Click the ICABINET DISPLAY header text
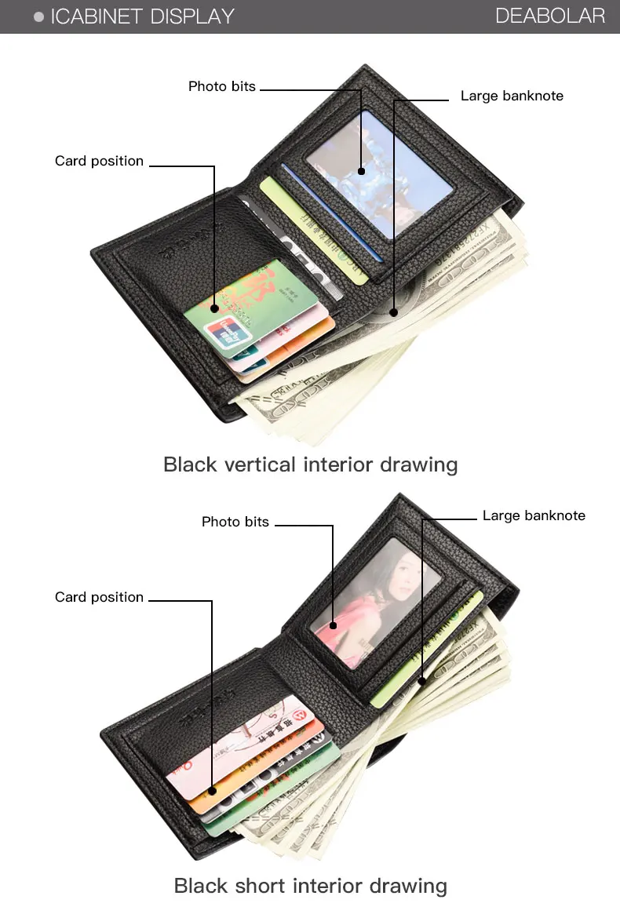pyautogui.click(x=142, y=16)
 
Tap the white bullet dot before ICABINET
pyautogui.click(x=38, y=16)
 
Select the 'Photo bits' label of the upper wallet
pyautogui.click(x=222, y=86)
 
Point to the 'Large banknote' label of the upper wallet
pyautogui.click(x=512, y=96)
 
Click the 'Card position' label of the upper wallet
pyautogui.click(x=100, y=161)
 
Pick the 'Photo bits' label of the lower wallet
pyautogui.click(x=235, y=522)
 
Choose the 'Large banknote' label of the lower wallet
pyautogui.click(x=534, y=515)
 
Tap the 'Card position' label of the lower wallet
pyautogui.click(x=100, y=597)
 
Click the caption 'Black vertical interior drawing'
pyautogui.click(x=310, y=464)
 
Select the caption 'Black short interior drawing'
pyautogui.click(x=310, y=887)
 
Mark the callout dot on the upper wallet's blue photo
pyautogui.click(x=362, y=171)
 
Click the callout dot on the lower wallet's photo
pyautogui.click(x=334, y=625)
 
